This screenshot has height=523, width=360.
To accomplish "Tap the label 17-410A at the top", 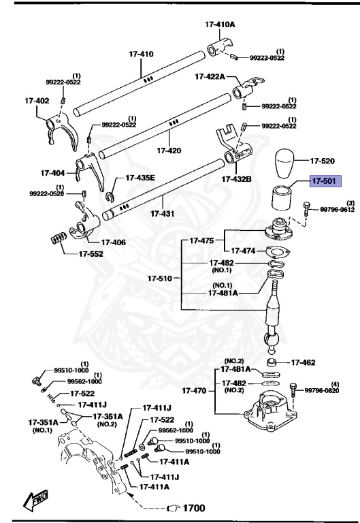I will click(219, 24).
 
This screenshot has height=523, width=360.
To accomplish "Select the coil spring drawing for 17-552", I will click(59, 240).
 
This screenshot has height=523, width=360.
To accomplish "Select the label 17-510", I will click(161, 278).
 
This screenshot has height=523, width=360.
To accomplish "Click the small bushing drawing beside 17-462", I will click(272, 363).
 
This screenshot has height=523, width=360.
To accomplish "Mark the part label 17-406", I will click(114, 241).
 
